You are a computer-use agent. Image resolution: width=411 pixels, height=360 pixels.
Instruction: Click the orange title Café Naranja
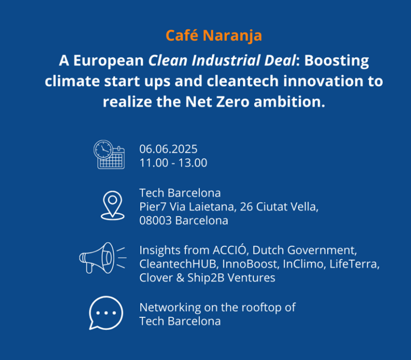tap(214, 35)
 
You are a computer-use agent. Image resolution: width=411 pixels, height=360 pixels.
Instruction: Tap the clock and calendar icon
tap(109, 154)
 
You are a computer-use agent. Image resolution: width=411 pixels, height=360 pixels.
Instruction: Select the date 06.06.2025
tap(169, 149)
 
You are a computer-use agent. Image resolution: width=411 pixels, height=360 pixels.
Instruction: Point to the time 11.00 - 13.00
tap(173, 163)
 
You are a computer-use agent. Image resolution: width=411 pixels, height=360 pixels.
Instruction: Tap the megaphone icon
tap(103, 258)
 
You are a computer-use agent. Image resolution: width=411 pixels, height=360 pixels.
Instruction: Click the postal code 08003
tap(156, 221)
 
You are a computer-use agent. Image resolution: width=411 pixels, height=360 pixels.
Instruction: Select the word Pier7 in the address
tap(153, 207)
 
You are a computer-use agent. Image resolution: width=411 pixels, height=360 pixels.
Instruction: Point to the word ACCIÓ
tap(230, 249)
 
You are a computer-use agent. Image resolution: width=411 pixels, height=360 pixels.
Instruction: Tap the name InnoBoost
tap(251, 264)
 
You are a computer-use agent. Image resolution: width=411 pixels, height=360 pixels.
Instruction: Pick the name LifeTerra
tap(354, 264)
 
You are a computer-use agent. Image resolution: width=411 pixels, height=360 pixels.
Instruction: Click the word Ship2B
tap(206, 278)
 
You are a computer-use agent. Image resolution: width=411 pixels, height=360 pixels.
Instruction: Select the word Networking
tap(170, 308)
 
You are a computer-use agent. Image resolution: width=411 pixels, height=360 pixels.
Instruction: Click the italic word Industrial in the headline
tap(226, 60)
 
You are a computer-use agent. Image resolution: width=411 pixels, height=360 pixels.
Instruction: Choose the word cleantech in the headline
tap(242, 81)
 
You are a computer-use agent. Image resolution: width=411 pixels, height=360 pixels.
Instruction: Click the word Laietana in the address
tap(211, 207)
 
